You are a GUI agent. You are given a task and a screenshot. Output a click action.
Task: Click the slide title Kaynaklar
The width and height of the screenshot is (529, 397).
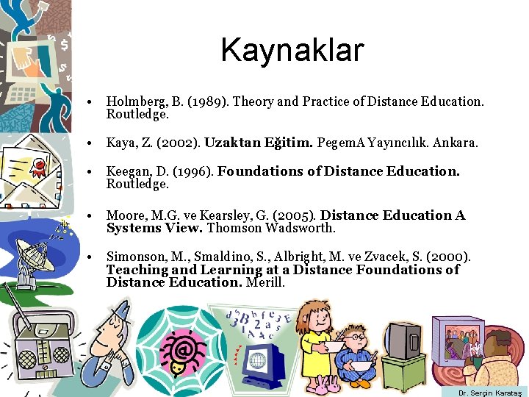click(x=292, y=51)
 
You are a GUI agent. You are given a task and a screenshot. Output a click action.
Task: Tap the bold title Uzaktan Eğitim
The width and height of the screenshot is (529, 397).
click(x=259, y=143)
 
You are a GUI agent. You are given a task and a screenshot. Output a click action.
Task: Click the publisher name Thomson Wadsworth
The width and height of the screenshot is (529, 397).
click(x=271, y=228)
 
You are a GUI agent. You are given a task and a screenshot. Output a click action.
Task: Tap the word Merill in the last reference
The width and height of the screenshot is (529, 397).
click(x=265, y=282)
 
